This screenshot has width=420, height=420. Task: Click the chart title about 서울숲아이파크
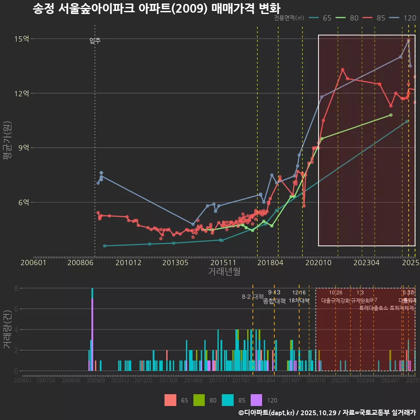point(156,8)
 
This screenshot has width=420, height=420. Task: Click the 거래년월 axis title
point(224,272)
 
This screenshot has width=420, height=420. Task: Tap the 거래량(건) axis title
point(7,330)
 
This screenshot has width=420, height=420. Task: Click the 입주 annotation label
point(95,41)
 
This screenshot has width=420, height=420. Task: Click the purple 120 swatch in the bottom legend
point(256,400)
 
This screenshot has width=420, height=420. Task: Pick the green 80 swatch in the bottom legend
point(199,400)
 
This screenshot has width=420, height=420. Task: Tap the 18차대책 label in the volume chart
point(299,301)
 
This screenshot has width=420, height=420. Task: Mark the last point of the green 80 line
point(391,115)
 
